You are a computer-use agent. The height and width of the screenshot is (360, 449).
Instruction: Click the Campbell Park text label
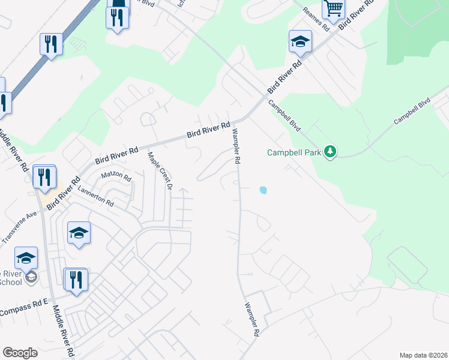[294, 152]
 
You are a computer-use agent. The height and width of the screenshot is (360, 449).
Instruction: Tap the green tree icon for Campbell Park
[330, 152]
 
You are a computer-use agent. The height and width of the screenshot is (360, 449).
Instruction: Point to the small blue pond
[263, 191]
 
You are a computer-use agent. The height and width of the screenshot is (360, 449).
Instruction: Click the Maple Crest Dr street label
[160, 172]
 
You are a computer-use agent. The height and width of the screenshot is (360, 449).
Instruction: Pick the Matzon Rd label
[116, 176]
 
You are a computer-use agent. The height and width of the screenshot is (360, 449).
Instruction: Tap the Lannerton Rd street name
[95, 196]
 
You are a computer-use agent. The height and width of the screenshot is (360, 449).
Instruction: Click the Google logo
[20, 353]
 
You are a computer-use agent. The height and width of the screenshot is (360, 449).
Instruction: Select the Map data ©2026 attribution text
[423, 355]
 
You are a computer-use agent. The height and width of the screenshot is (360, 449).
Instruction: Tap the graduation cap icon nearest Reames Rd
[300, 42]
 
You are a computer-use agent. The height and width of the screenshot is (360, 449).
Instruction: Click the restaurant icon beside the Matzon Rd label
[44, 177]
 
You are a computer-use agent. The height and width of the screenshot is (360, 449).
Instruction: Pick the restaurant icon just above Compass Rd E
[76, 280]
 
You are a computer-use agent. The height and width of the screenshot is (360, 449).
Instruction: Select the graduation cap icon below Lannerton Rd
[79, 233]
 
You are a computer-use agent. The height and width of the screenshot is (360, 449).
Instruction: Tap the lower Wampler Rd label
[252, 319]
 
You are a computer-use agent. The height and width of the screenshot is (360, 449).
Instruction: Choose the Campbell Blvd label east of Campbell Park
[412, 112]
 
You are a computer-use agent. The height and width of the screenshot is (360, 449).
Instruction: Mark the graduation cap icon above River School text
[26, 259]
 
